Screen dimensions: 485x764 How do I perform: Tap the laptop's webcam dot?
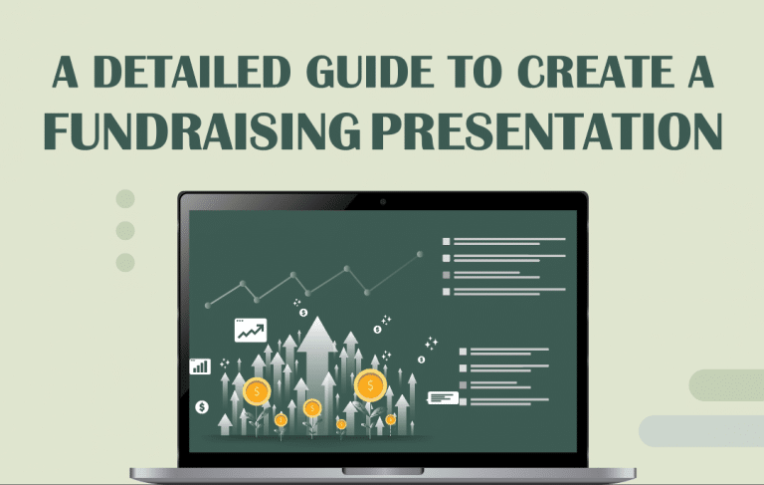tap(382, 202)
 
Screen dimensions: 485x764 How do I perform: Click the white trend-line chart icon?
tap(250, 330)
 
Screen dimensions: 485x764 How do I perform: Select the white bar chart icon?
tap(200, 366)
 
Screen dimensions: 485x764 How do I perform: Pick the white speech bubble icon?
tap(443, 397)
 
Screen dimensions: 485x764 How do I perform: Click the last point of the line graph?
tap(419, 254)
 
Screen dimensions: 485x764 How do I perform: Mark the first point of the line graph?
tap(207, 305)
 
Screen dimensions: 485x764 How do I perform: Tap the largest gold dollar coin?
tap(370, 384)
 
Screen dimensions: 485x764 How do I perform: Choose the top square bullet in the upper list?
tap(447, 241)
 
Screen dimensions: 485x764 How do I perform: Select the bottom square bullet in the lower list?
tap(463, 401)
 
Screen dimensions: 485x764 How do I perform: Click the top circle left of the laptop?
tap(125, 198)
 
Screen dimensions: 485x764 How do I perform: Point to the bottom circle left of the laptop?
tap(125, 262)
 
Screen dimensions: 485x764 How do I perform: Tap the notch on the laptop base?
tap(382, 470)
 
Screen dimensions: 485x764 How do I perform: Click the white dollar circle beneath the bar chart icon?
tap(202, 406)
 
